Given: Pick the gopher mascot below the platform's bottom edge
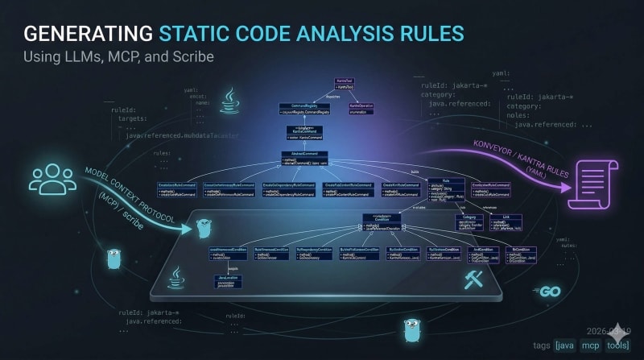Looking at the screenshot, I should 413,328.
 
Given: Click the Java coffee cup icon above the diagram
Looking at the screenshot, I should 230,102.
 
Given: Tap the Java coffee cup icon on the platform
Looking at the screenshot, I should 175,278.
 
